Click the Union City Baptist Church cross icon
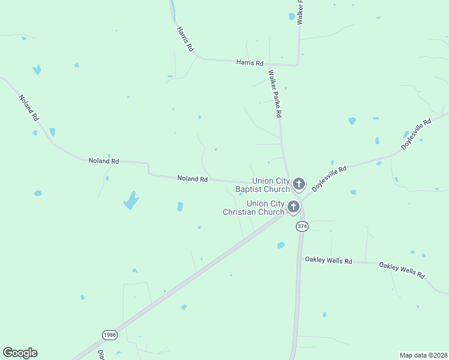click(299, 183)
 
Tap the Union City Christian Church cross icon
click(294, 207)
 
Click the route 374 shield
click(301, 226)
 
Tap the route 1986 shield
click(109, 335)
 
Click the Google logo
click(20, 353)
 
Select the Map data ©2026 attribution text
click(423, 355)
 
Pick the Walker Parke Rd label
click(276, 93)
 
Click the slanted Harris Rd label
click(185, 38)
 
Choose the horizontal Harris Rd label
click(250, 62)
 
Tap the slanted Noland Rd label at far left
click(28, 108)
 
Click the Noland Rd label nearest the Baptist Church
click(192, 179)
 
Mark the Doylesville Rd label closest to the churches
click(330, 178)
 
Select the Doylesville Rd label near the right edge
click(417, 134)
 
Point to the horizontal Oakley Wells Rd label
click(328, 260)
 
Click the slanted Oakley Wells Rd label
click(402, 269)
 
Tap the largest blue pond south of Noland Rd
click(131, 200)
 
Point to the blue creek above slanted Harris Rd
click(173, 9)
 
